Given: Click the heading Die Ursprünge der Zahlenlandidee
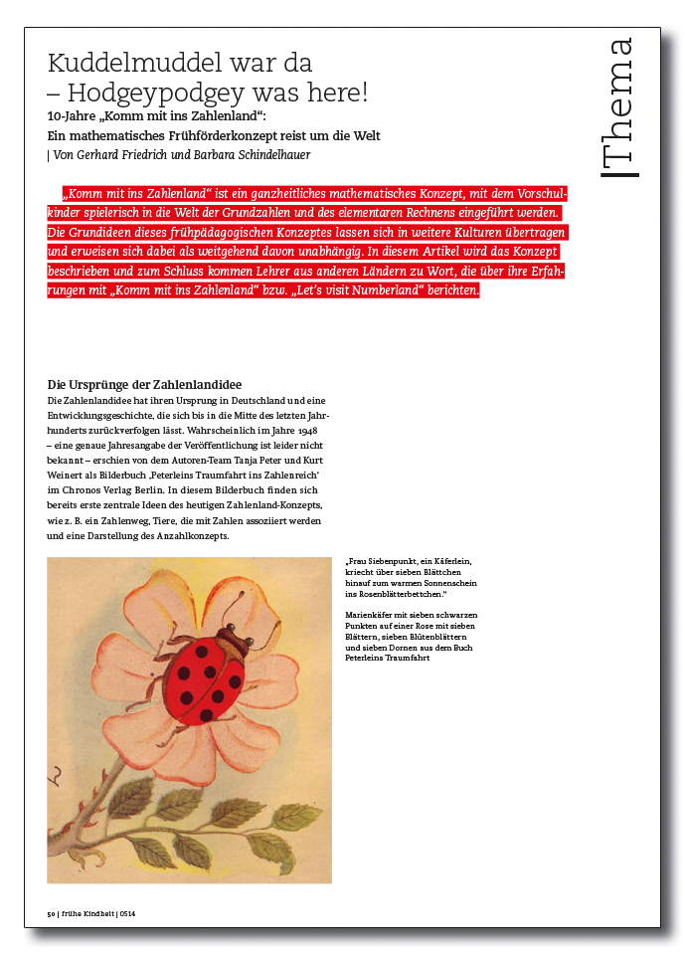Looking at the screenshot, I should pos(144,385).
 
